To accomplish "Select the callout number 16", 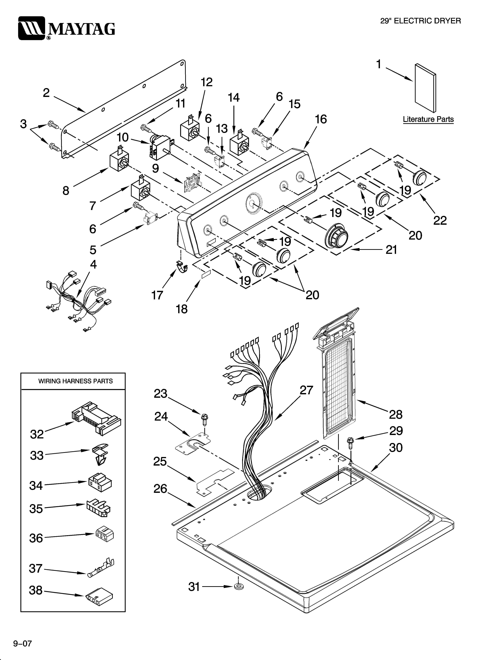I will click(x=321, y=119).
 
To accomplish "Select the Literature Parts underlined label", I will click(x=428, y=119).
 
